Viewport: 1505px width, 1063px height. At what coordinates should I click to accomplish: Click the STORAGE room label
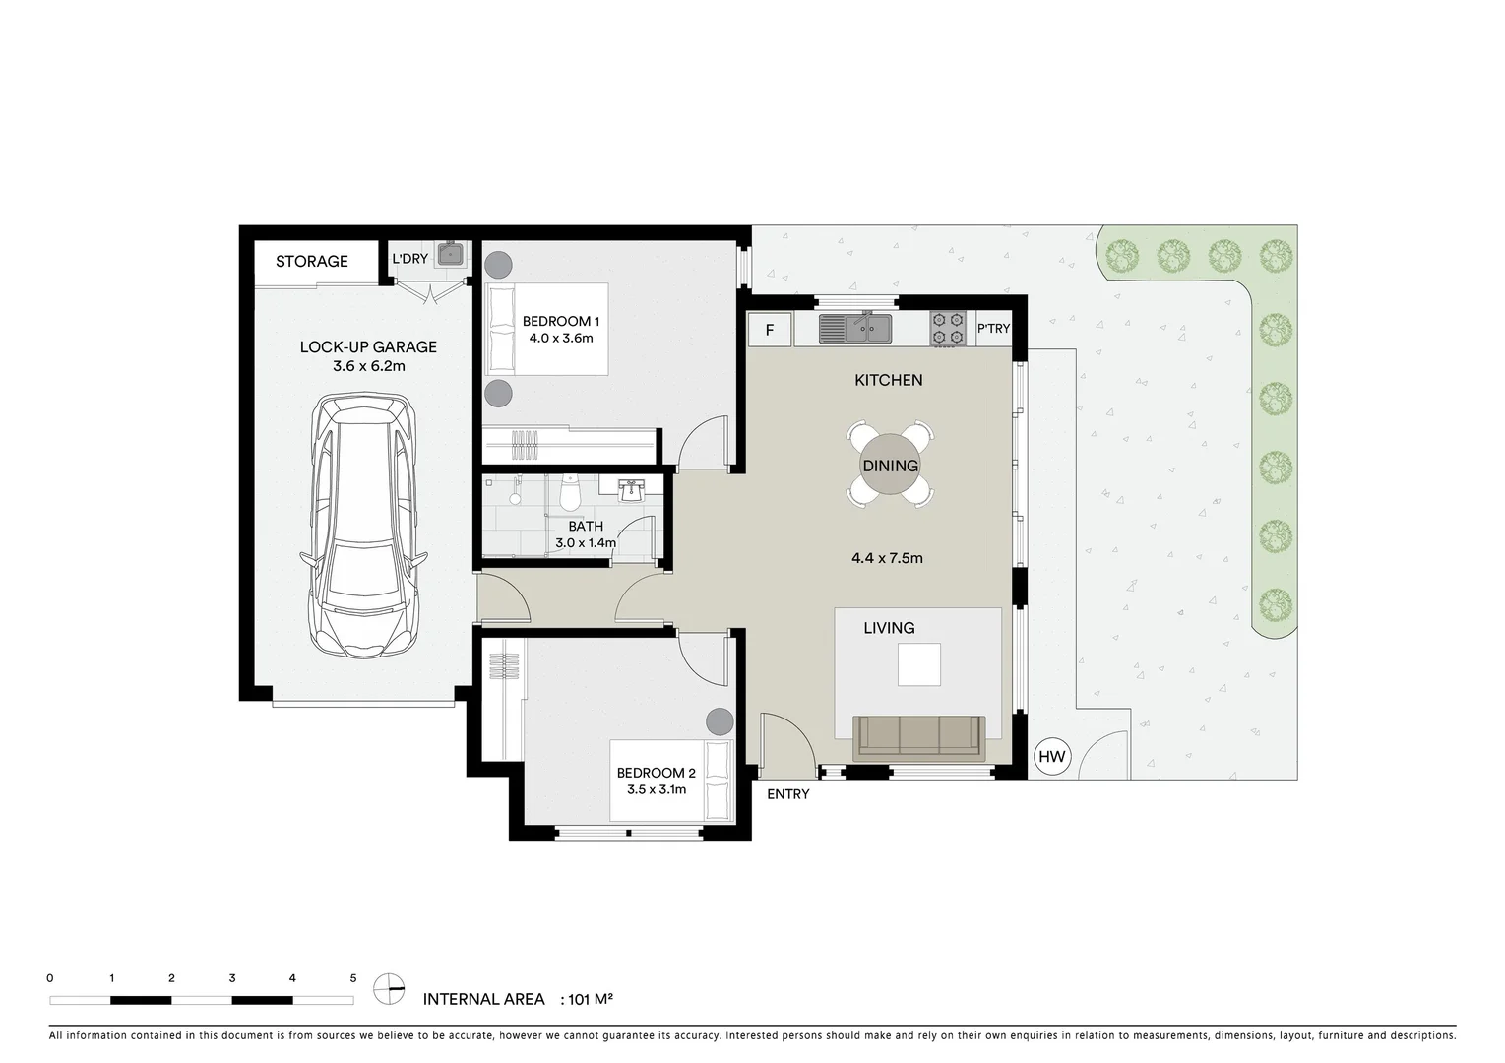coord(311,261)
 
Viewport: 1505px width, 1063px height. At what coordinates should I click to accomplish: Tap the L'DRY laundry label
coord(409,259)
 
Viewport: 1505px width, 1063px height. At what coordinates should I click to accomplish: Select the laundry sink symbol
coord(451,254)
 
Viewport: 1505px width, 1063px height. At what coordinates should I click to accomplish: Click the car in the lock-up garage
coord(364,526)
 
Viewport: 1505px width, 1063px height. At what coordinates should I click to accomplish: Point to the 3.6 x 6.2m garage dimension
coord(368,366)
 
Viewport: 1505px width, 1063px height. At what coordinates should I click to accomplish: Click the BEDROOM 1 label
coord(561,321)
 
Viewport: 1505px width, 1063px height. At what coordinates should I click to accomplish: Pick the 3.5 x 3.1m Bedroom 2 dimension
coord(656,789)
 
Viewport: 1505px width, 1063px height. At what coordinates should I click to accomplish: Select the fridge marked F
coord(770,330)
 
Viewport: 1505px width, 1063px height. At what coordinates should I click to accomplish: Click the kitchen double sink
coord(855,328)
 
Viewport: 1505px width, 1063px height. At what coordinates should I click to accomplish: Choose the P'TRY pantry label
coord(993,329)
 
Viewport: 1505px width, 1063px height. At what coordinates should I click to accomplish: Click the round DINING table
coord(890,466)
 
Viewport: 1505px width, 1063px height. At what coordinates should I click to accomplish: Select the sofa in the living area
coord(918,737)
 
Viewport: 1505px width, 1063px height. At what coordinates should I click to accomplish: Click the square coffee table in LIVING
coord(918,664)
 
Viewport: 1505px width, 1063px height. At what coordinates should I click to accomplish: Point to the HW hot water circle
coord(1052,757)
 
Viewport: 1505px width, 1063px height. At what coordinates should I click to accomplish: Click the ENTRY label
coord(787,794)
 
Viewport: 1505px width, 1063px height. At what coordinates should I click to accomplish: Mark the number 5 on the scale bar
coord(353,978)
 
